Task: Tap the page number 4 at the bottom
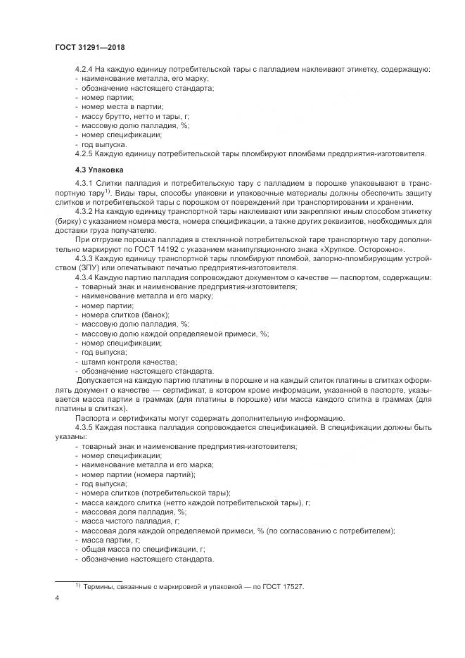(56, 599)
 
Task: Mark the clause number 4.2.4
(86, 70)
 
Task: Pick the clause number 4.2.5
(86, 153)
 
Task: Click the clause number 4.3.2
(86, 211)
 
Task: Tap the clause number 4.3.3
(86, 258)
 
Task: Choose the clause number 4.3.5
(86, 427)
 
